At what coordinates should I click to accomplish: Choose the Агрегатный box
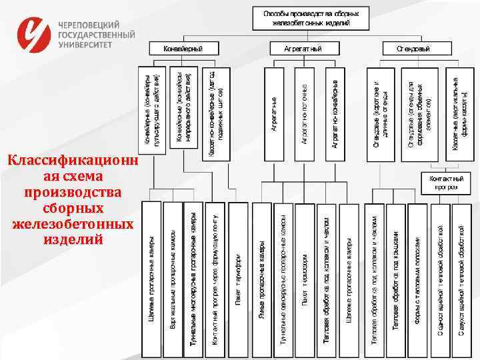click(x=303, y=49)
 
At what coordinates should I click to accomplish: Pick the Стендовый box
click(x=413, y=49)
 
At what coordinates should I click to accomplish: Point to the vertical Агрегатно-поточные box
click(x=304, y=113)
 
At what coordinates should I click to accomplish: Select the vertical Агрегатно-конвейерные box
click(x=335, y=113)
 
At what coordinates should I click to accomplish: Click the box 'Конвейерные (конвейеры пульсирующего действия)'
click(x=152, y=113)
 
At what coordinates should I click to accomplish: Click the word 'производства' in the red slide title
click(x=72, y=192)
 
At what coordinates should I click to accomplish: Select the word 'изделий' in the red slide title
click(x=72, y=237)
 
